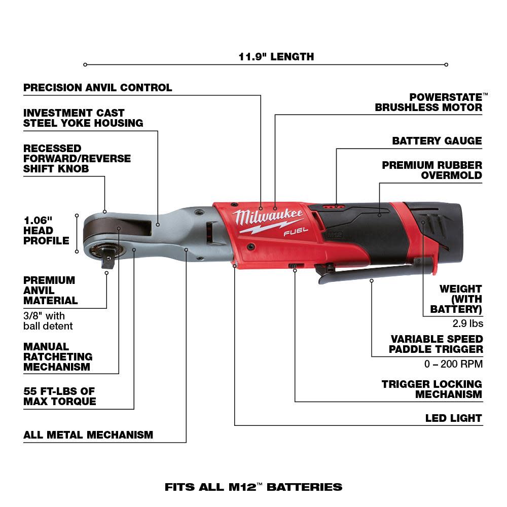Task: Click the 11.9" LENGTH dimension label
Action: pyautogui.click(x=276, y=57)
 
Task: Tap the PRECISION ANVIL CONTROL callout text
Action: pyautogui.click(x=98, y=88)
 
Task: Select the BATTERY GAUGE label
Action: pyautogui.click(x=437, y=141)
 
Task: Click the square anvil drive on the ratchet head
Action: pyautogui.click(x=107, y=258)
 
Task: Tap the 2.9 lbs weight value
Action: pyautogui.click(x=467, y=323)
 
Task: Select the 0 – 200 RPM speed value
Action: pyautogui.click(x=453, y=364)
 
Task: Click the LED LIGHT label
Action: pyautogui.click(x=453, y=418)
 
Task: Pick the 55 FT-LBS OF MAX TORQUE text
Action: pyautogui.click(x=60, y=396)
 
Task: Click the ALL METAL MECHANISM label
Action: pyautogui.click(x=88, y=435)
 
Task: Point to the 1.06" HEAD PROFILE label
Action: pyautogui.click(x=46, y=231)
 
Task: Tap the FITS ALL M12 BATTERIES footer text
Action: pyautogui.click(x=253, y=487)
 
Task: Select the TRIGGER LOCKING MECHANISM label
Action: pyautogui.click(x=432, y=389)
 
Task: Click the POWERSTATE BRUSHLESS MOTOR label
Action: pyautogui.click(x=429, y=102)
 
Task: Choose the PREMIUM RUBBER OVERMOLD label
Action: pyautogui.click(x=432, y=170)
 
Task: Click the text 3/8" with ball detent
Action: pyautogui.click(x=48, y=321)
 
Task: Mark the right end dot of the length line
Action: pyautogui.click(x=446, y=64)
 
